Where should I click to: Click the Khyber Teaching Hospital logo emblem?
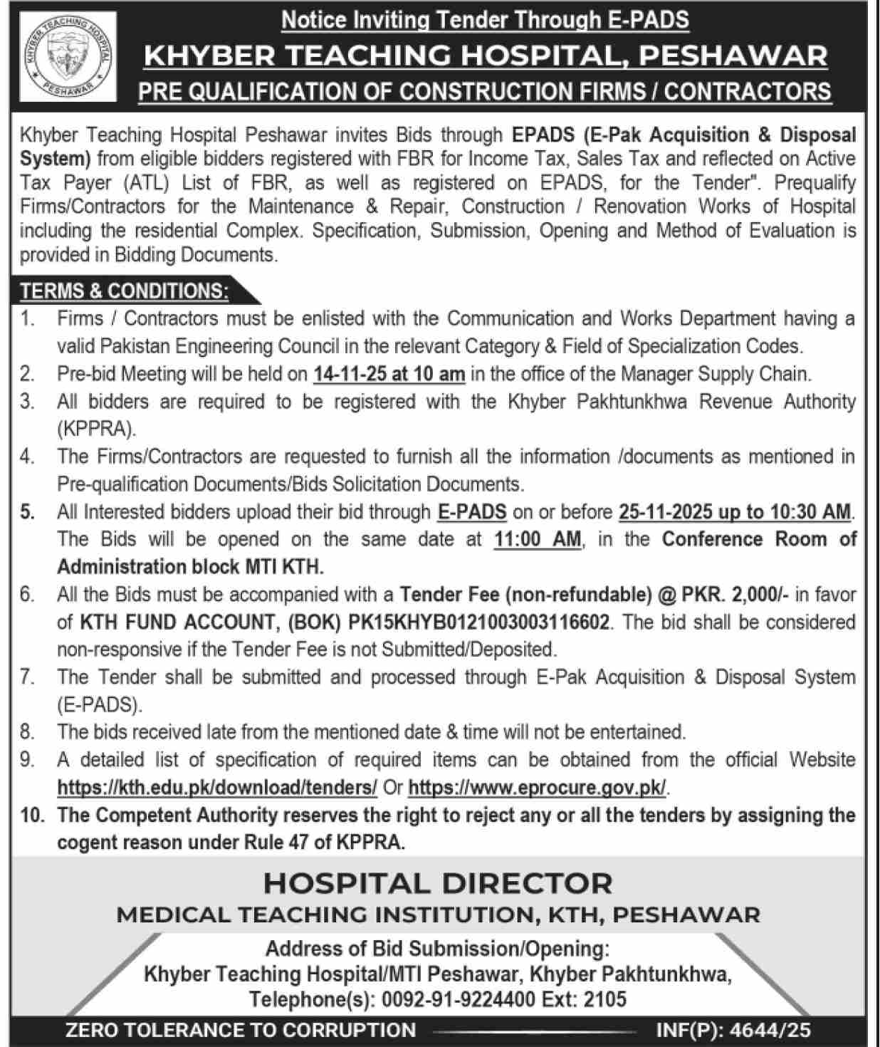[68, 58]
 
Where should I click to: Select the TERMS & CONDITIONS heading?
[125, 291]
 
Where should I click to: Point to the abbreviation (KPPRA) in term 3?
[95, 429]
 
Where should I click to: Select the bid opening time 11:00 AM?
[538, 539]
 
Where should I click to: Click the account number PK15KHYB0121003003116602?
[478, 623]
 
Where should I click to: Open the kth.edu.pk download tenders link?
[217, 788]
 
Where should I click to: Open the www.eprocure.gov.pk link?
[538, 788]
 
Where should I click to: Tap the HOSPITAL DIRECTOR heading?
[438, 883]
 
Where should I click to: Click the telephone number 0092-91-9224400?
[458, 999]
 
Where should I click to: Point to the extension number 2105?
[604, 999]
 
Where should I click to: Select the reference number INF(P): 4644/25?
[733, 1030]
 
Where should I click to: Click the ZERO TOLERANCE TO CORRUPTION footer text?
[241, 1030]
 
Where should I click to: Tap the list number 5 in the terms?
[27, 511]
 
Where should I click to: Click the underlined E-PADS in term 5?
[471, 511]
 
